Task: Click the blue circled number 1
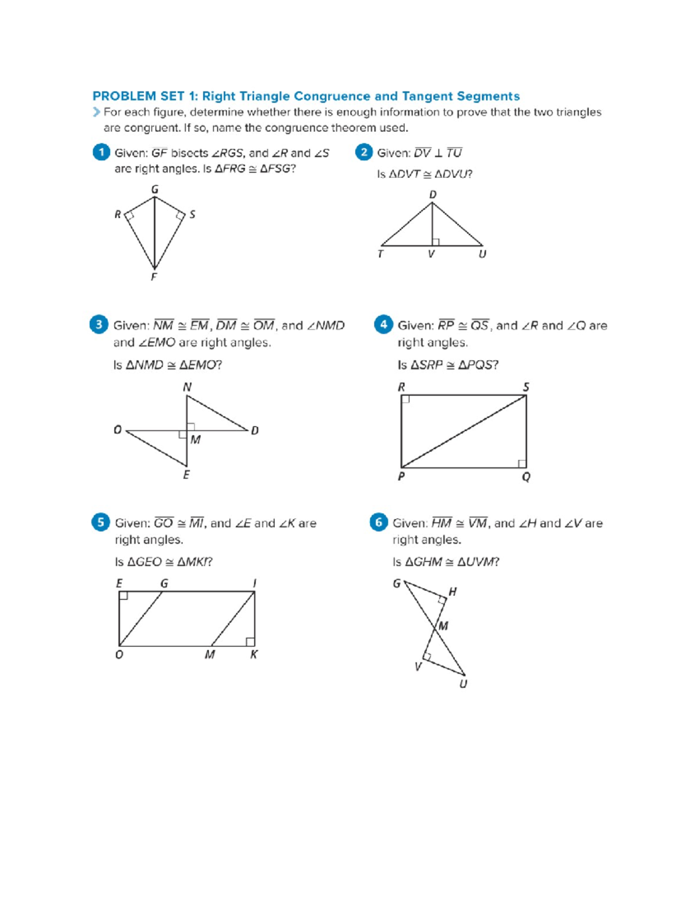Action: pos(101,152)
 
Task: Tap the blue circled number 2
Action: pos(363,152)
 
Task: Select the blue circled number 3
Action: pos(98,325)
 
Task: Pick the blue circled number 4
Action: pos(383,325)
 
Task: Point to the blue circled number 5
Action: pos(100,522)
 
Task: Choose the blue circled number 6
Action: pos(379,522)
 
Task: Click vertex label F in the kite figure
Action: pos(154,277)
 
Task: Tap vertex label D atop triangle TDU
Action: pos(433,195)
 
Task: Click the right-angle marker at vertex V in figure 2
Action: pos(436,242)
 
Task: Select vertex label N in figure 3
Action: pos(187,387)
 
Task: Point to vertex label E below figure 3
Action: pos(186,475)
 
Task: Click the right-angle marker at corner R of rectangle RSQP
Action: pos(405,399)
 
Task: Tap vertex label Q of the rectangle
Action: pos(526,477)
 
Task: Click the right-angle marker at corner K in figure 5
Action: pos(250,642)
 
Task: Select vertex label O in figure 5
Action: pos(119,655)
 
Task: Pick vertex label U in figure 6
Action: pos(463,684)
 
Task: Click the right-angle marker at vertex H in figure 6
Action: pos(442,600)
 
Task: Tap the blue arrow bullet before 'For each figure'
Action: pos(96,112)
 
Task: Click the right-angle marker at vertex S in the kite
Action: pos(181,216)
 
